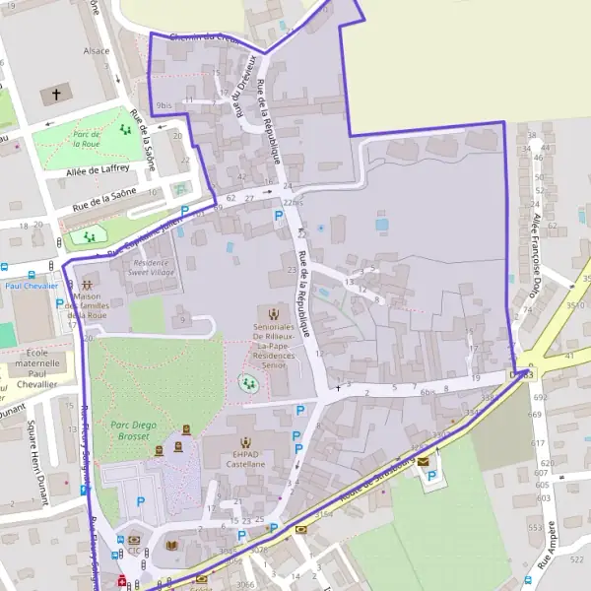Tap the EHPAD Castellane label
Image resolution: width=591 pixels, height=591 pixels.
click(245, 456)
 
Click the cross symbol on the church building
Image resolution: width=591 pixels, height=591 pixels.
click(56, 96)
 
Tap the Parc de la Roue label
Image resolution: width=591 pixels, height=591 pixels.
click(91, 137)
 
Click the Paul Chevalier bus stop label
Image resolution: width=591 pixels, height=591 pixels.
click(32, 286)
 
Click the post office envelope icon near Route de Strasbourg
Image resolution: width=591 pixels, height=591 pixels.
click(424, 461)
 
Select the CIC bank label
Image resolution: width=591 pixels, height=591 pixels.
click(134, 552)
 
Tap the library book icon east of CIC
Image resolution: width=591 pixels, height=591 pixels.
click(172, 545)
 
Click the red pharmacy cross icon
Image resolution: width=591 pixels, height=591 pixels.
click(122, 582)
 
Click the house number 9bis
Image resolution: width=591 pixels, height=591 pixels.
click(164, 104)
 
